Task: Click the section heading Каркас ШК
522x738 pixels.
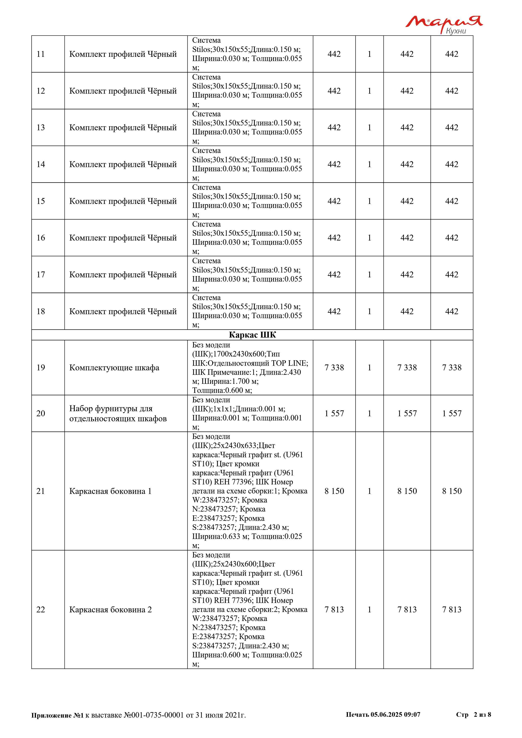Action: (x=252, y=335)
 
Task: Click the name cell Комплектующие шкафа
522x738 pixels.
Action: (x=114, y=367)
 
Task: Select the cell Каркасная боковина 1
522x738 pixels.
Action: (x=110, y=491)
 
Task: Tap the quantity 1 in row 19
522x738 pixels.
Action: (x=369, y=367)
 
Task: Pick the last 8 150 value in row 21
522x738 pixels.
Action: (x=452, y=491)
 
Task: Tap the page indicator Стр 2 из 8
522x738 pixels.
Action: (x=473, y=714)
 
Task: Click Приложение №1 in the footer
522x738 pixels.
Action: (x=57, y=715)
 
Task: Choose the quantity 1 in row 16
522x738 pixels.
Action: (x=369, y=238)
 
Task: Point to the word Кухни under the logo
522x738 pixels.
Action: (x=456, y=31)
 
